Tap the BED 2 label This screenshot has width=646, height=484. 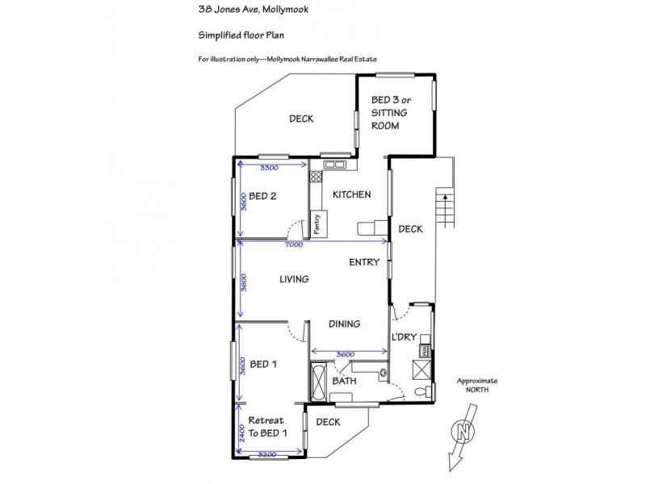point(263,195)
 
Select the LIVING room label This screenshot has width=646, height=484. point(295,279)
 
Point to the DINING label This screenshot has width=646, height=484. point(344,323)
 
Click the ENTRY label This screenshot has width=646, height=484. point(364,262)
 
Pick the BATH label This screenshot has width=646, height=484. point(344,380)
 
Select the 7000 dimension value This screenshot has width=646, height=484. point(293,244)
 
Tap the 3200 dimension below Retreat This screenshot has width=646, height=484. point(269,455)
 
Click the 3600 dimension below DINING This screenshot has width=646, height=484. point(345,353)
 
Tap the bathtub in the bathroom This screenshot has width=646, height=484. point(319,380)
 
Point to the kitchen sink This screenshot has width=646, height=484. point(334,166)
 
